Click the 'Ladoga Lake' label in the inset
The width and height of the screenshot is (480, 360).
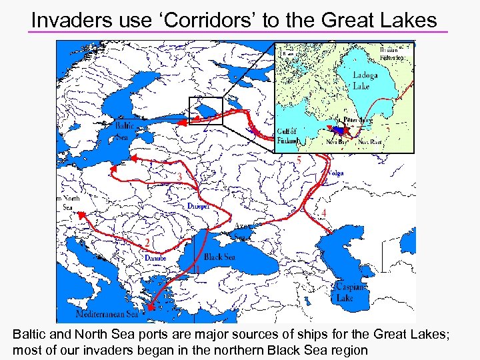pyautogui.click(x=365, y=80)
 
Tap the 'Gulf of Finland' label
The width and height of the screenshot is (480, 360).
pyautogui.click(x=287, y=135)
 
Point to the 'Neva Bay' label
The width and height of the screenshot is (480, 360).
pyautogui.click(x=335, y=141)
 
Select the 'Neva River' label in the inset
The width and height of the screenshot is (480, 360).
pyautogui.click(x=371, y=141)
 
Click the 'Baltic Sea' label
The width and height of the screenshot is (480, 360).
pyautogui.click(x=124, y=131)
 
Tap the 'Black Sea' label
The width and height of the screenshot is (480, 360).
pyautogui.click(x=219, y=257)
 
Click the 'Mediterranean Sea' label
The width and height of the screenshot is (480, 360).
pyautogui.click(x=108, y=313)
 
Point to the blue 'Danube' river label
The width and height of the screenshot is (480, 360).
pyautogui.click(x=155, y=257)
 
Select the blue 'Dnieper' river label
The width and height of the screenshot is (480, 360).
pyautogui.click(x=199, y=206)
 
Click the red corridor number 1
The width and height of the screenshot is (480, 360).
pyautogui.click(x=197, y=270)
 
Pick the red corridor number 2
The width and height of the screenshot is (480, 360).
pyautogui.click(x=147, y=241)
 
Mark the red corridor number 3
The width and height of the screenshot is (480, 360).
pyautogui.click(x=180, y=177)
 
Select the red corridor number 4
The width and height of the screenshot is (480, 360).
pyautogui.click(x=324, y=212)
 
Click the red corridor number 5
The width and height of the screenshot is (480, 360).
pyautogui.click(x=299, y=161)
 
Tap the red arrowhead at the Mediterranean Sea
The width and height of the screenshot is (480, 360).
pyautogui.click(x=150, y=307)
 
